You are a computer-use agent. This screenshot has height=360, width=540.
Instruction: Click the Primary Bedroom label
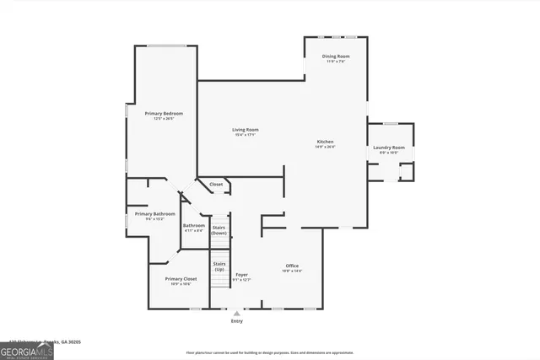pyautogui.click(x=163, y=113)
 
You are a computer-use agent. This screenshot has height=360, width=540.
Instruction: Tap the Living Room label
pyautogui.click(x=246, y=129)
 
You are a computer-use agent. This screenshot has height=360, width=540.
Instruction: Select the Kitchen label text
pyautogui.click(x=326, y=141)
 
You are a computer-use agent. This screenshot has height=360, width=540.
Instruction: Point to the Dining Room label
pyautogui.click(x=336, y=56)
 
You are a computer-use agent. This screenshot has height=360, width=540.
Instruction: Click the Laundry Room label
pyautogui.click(x=389, y=148)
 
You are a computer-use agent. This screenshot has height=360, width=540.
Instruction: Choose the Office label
pyautogui.click(x=292, y=266)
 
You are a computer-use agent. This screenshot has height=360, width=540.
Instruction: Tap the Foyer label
pyautogui.click(x=241, y=274)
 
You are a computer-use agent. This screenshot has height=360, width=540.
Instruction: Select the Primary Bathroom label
pyautogui.click(x=155, y=213)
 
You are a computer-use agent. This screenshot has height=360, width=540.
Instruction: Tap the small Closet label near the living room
pyautogui.click(x=216, y=184)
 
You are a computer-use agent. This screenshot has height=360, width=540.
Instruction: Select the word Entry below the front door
pyautogui.click(x=236, y=321)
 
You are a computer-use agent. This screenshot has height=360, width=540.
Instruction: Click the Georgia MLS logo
pyautogui.click(x=26, y=350)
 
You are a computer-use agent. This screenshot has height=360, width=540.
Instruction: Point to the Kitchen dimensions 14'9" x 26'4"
pyautogui.click(x=326, y=147)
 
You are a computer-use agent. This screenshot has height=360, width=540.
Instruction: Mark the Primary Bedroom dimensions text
pyautogui.click(x=163, y=119)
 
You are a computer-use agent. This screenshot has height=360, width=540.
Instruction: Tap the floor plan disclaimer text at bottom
pyautogui.click(x=269, y=352)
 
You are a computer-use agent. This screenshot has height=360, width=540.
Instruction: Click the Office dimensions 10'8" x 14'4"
pyautogui.click(x=292, y=271)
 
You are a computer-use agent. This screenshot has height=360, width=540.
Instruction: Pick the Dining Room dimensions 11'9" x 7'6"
pyautogui.click(x=336, y=62)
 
